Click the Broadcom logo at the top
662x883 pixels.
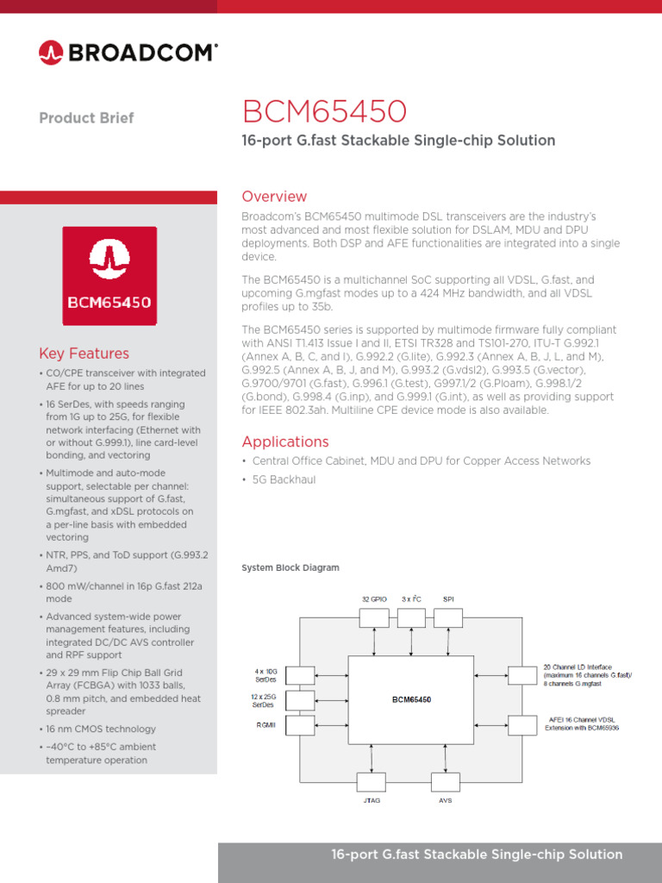(x=128, y=53)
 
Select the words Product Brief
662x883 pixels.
(x=86, y=118)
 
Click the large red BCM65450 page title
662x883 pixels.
(x=324, y=112)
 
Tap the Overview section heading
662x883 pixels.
(x=274, y=197)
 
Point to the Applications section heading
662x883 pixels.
(x=285, y=441)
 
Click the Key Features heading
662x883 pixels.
(x=84, y=354)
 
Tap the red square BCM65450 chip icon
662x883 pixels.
(x=109, y=276)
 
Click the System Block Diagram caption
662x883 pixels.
(x=290, y=568)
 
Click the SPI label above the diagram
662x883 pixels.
(x=448, y=598)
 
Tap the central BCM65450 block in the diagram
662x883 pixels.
(x=410, y=699)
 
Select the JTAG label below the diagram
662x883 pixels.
(x=372, y=800)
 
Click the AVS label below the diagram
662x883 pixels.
(x=445, y=800)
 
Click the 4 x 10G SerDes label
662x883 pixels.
(x=265, y=675)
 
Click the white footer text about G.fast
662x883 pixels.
(x=477, y=855)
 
